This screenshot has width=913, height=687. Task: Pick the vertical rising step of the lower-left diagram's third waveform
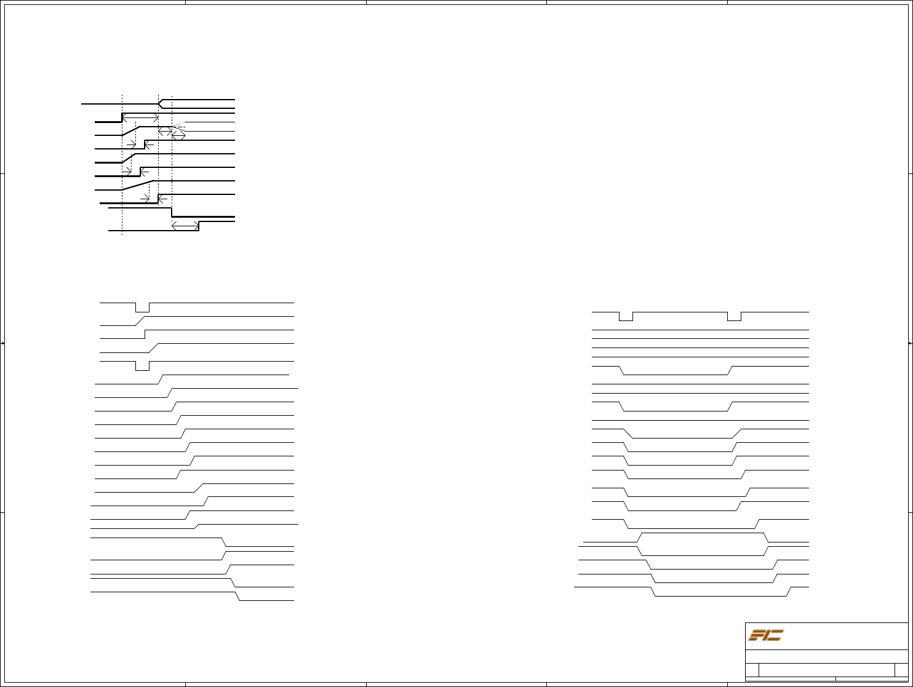145,334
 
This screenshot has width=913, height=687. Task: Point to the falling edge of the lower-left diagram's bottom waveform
236,596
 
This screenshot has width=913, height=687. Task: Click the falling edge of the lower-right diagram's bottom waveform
653,592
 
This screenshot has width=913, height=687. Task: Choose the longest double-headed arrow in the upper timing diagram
140,117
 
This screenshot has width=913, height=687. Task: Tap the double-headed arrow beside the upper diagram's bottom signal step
185,226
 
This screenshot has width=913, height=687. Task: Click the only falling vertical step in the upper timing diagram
172,212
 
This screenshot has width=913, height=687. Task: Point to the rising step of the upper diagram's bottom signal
199,226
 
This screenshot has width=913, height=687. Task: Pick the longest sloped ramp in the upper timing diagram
136,185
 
